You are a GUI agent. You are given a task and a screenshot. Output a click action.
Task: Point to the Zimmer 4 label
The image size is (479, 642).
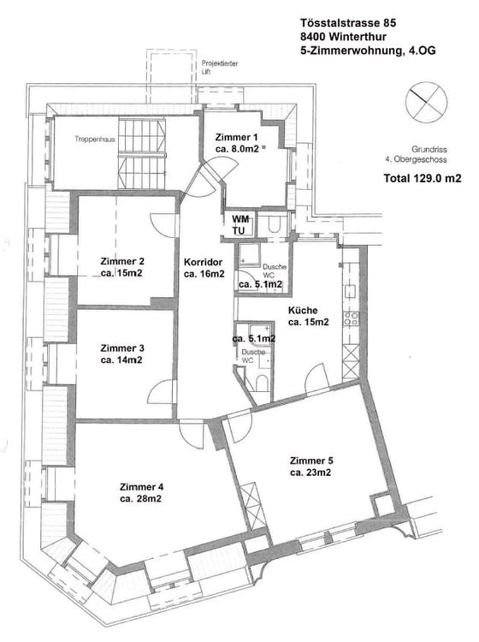(x=142, y=486)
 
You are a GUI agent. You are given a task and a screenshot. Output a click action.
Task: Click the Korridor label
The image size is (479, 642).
(x=204, y=262)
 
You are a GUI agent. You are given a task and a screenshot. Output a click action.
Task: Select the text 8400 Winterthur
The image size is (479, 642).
(x=344, y=38)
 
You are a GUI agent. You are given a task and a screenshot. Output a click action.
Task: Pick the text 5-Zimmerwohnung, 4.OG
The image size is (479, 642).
(x=368, y=52)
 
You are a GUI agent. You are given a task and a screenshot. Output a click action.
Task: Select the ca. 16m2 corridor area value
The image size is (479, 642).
(x=204, y=275)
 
